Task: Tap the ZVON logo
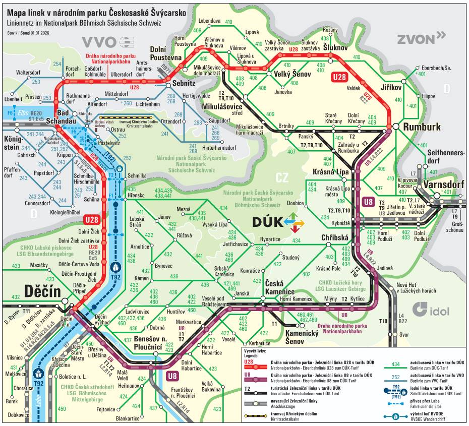coord(421,39)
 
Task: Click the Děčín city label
coord(42,291)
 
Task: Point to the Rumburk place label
coord(422,127)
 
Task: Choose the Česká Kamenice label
coord(280,287)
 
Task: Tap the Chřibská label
coord(335,237)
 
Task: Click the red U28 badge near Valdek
coord(339,77)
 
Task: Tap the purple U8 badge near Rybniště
coord(368,203)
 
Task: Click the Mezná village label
coord(184,209)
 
